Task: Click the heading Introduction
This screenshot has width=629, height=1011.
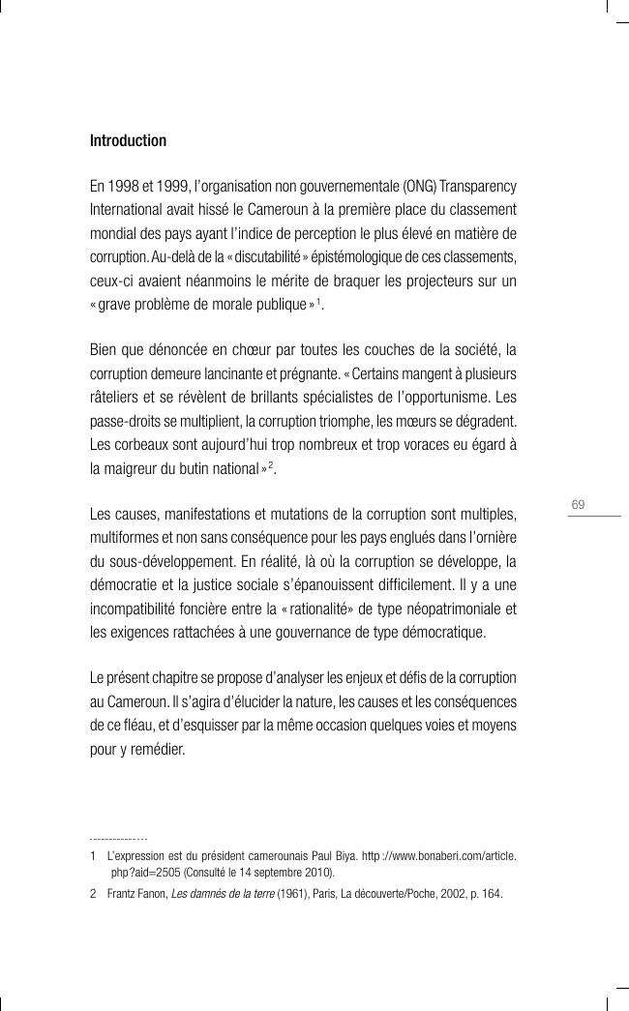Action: (128, 141)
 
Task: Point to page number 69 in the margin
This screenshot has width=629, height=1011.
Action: (579, 504)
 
